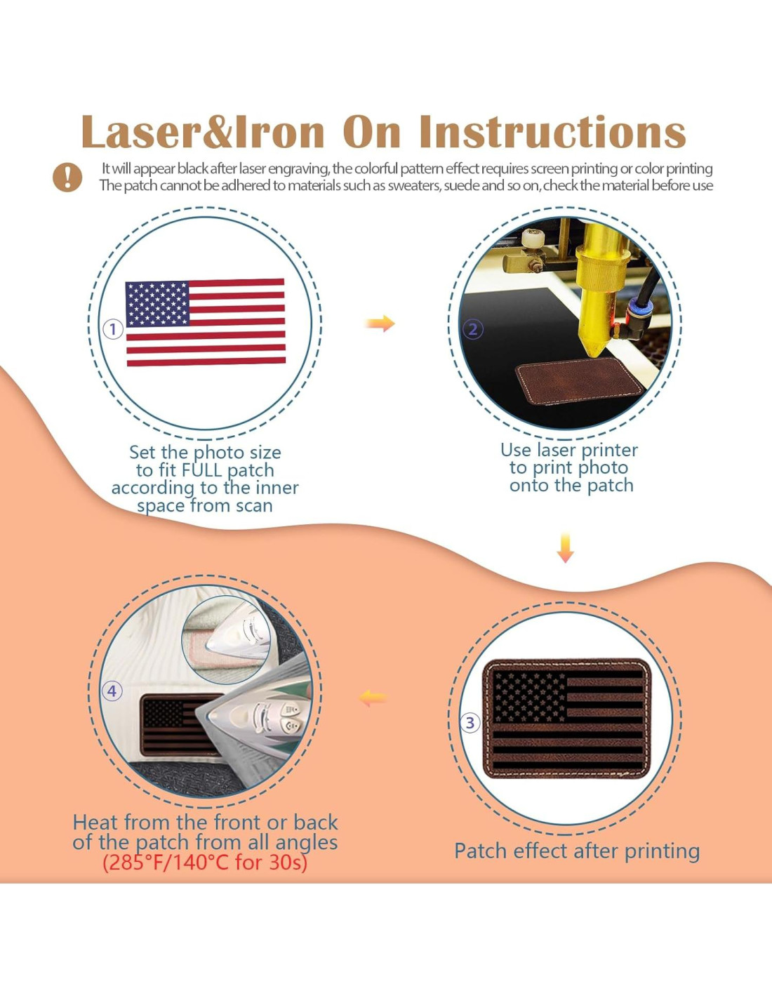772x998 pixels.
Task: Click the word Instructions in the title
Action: click(552, 132)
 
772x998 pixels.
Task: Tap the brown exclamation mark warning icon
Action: click(67, 178)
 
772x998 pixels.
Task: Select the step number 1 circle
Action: click(112, 329)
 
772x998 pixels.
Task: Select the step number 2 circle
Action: click(473, 329)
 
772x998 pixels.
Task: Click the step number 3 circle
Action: click(470, 722)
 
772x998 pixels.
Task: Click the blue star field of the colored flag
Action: click(157, 304)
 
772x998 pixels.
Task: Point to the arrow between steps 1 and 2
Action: click(380, 324)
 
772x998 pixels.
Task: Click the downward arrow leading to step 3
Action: click(566, 548)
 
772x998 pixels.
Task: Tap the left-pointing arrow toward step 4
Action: click(373, 698)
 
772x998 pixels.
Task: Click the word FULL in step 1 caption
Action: click(202, 471)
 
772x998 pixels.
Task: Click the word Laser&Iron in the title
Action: click(202, 132)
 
